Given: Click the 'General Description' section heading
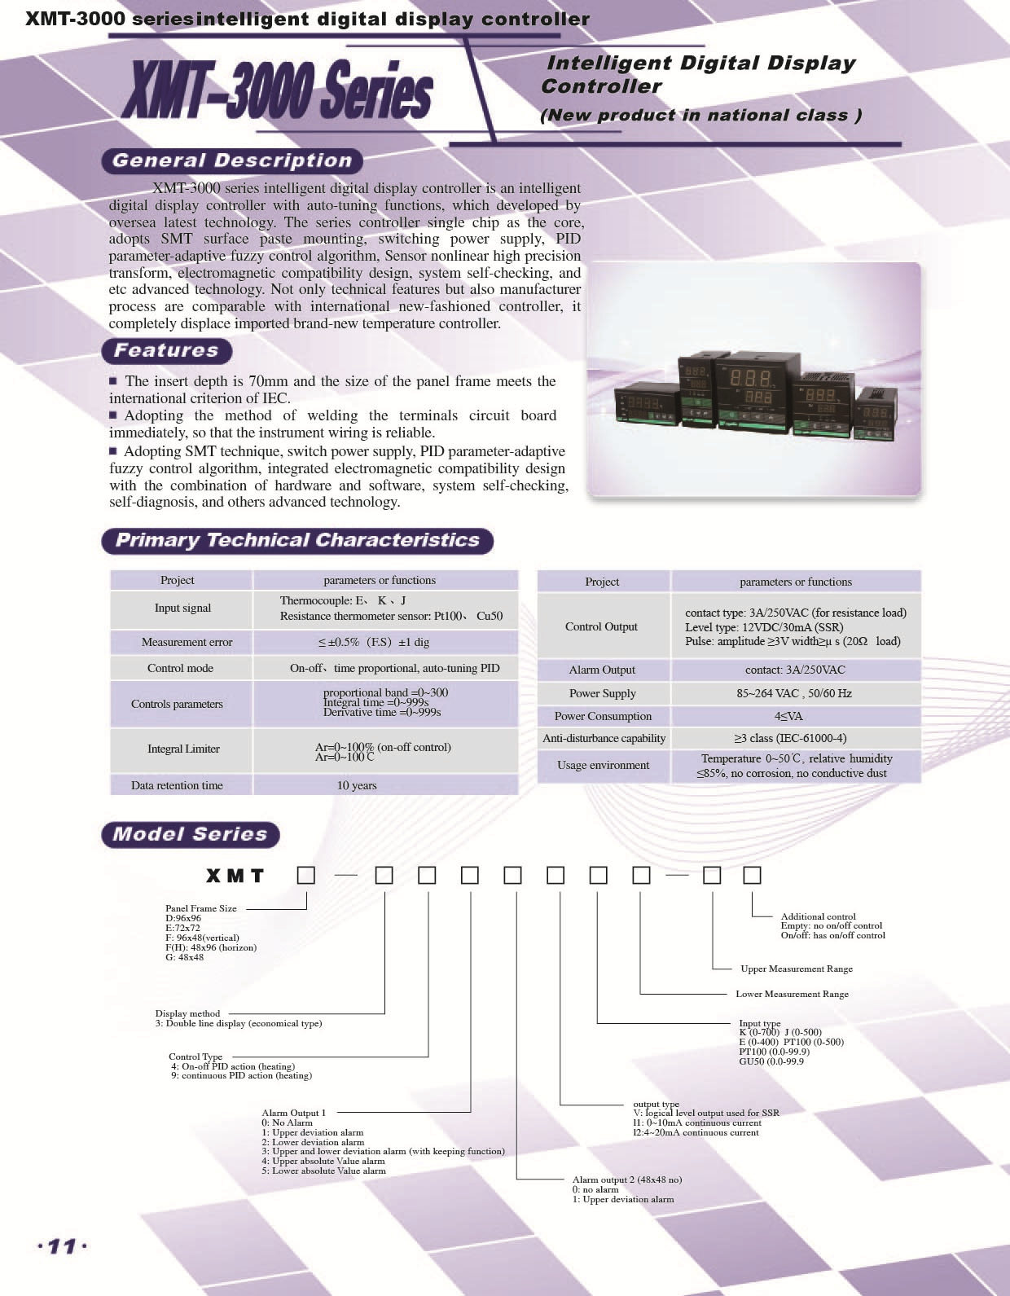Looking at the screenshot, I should click(x=232, y=160).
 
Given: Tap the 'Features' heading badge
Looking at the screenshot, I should click(x=167, y=351).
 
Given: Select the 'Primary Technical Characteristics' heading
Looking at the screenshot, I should click(x=297, y=541).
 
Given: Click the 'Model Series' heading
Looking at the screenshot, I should click(x=191, y=834).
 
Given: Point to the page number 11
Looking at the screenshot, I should click(x=62, y=1246).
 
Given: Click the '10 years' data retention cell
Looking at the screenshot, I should click(x=357, y=785).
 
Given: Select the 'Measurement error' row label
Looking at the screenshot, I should click(x=187, y=642).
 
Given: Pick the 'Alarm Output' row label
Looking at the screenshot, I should click(x=602, y=670).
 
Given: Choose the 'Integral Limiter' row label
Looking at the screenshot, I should click(x=183, y=749).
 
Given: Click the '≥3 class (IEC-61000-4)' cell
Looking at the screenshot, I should click(x=790, y=738).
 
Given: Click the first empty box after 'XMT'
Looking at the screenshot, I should click(x=306, y=876).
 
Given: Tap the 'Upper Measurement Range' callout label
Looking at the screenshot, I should click(x=797, y=969).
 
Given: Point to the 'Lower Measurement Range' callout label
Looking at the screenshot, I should click(x=792, y=994).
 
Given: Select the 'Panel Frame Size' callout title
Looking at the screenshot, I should click(x=200, y=908).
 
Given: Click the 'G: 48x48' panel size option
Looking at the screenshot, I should click(x=184, y=957).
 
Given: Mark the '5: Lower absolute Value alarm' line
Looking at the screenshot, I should click(x=323, y=1171).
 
